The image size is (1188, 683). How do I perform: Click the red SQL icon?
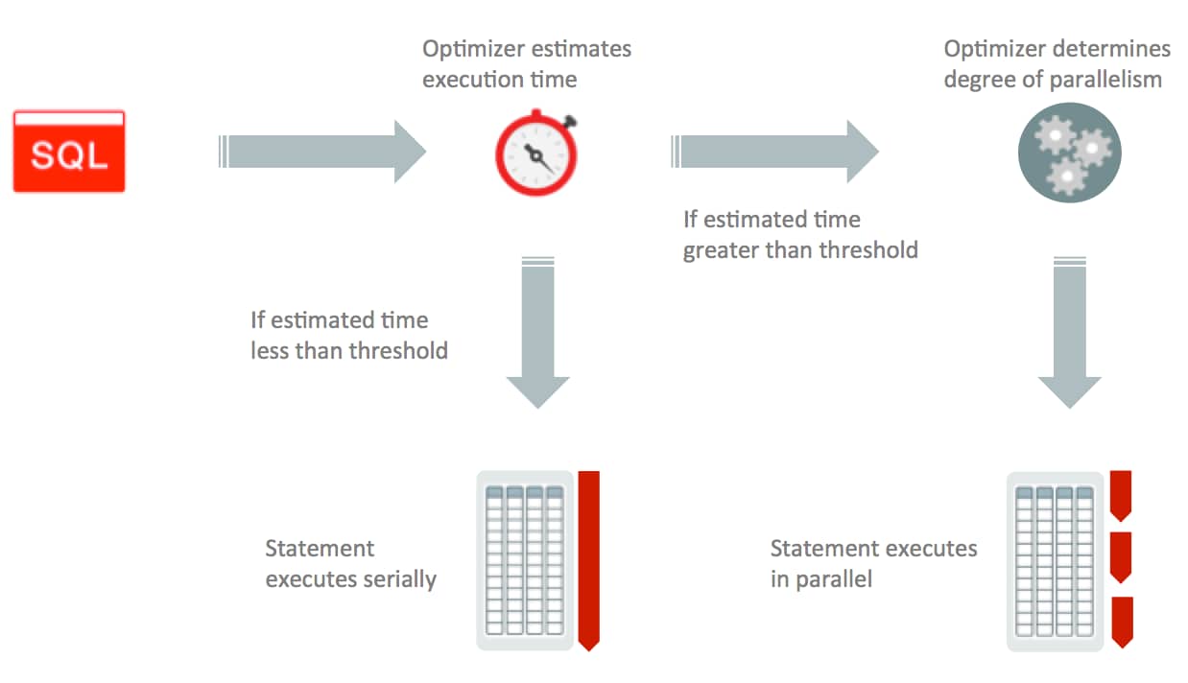tap(69, 152)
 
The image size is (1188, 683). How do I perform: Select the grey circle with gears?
tap(1069, 152)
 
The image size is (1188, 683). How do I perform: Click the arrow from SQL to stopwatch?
tap(322, 152)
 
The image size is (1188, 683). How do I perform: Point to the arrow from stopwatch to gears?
tap(775, 152)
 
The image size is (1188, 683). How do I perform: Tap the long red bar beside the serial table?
tap(588, 559)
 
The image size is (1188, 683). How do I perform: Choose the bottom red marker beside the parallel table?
tap(1121, 620)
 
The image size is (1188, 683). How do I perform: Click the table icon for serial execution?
tap(524, 560)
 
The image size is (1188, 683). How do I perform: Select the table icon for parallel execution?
tap(1055, 560)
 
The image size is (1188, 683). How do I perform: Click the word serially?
tap(395, 580)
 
